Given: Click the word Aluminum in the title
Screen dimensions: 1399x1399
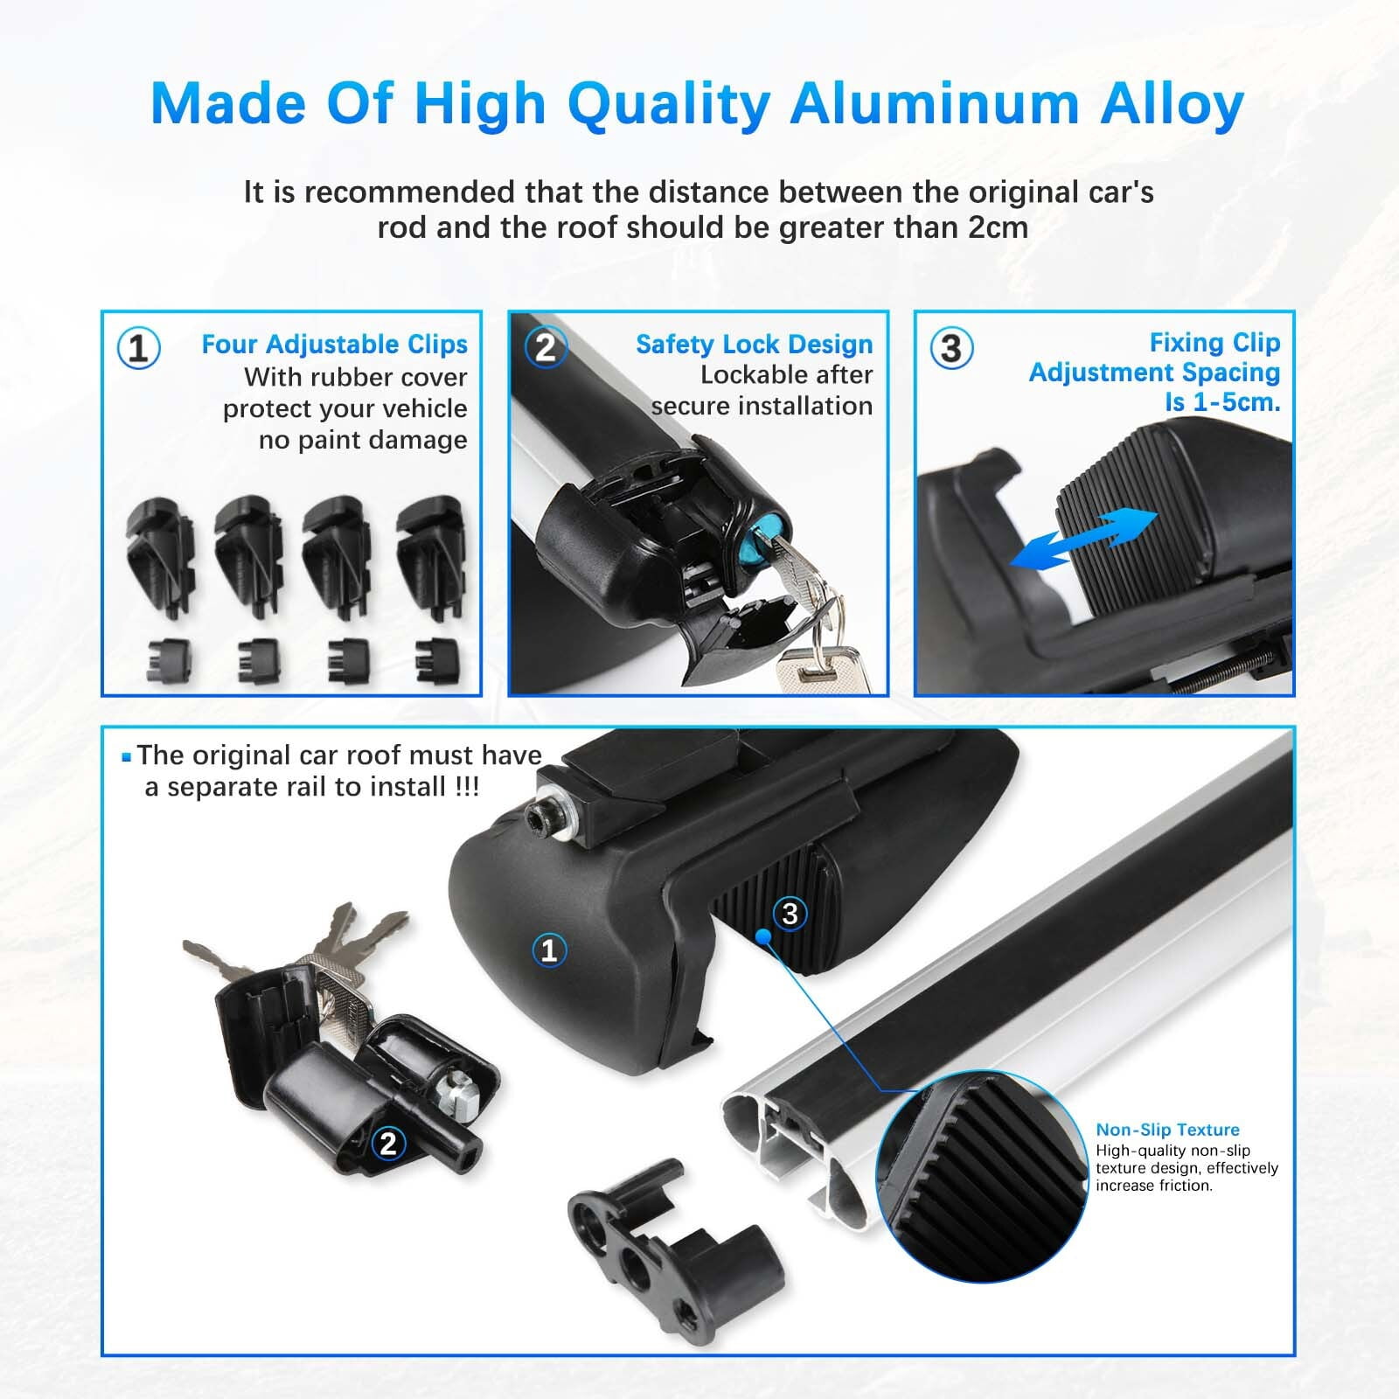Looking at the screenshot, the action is (932, 103).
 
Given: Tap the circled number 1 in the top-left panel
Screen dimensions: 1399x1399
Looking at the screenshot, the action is (138, 348).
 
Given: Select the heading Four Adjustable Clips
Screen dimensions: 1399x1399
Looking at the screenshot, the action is (335, 345).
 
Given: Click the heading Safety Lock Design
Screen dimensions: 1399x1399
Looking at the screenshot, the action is (755, 345).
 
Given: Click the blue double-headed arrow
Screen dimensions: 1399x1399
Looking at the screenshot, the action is (1083, 537).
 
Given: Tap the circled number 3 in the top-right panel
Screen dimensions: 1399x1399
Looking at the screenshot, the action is (951, 348).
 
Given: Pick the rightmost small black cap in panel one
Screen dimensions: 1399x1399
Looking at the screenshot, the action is (436, 660).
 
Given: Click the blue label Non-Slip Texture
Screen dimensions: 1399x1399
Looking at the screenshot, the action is (1167, 1130).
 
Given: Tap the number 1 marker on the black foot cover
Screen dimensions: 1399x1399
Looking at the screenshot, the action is (549, 950).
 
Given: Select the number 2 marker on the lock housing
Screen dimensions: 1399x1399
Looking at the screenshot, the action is (388, 1143).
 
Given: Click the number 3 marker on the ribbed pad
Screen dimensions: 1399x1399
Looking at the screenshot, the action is (790, 914).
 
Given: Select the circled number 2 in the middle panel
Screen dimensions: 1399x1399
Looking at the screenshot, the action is (546, 348).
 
